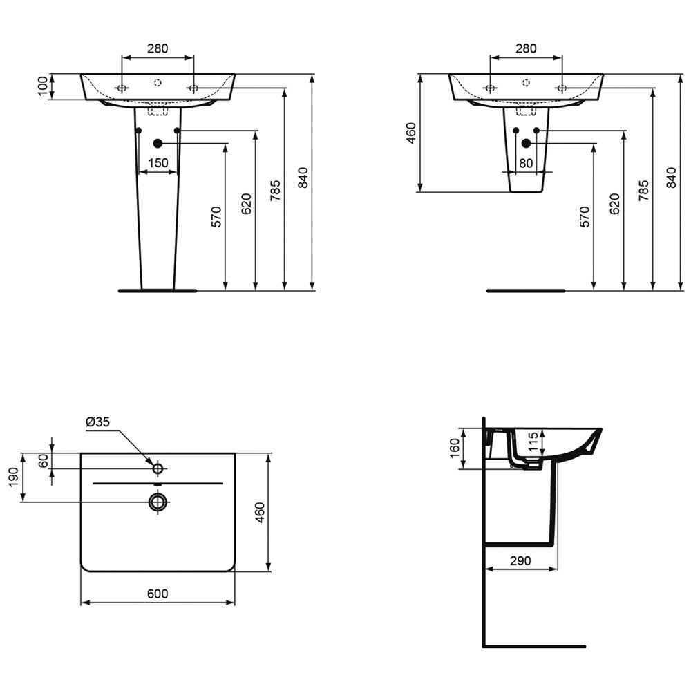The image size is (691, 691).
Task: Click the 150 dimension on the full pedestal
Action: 158,163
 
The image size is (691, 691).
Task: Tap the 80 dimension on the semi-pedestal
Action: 526,163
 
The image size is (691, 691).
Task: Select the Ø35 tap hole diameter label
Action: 97,422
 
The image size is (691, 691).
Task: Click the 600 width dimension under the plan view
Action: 158,594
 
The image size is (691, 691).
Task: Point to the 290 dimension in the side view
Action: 520,561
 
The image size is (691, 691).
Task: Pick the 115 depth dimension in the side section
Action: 533,442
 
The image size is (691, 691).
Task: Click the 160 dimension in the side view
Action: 455,448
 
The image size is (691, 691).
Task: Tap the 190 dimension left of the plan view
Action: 14,477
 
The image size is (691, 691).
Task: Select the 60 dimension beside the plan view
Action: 43,461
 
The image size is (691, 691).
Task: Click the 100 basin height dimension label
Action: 42,86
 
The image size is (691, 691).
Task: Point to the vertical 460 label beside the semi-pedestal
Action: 410,133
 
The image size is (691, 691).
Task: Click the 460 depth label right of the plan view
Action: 260,513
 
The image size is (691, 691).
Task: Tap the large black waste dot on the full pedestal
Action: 158,143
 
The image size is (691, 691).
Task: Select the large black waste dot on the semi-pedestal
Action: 526,143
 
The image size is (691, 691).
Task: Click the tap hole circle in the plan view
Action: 158,468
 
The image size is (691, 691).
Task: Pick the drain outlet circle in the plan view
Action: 158,502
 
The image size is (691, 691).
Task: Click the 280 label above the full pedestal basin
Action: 158,48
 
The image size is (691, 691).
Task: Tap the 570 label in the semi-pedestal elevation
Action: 585,216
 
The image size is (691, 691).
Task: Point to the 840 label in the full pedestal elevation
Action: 303,178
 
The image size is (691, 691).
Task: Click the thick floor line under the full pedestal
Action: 158,291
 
